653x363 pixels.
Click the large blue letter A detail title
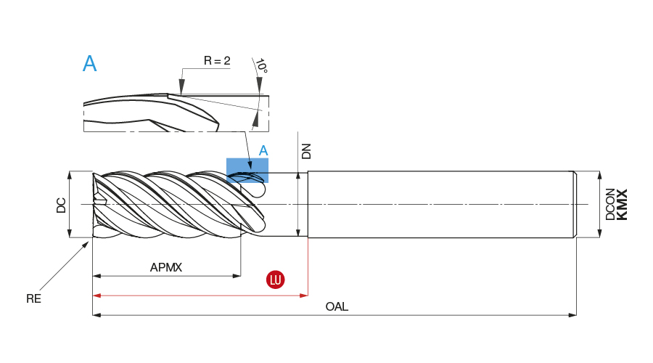pyautogui.click(x=89, y=64)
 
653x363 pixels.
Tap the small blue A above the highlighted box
pyautogui.click(x=264, y=150)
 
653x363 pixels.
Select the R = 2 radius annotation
pyautogui.click(x=216, y=61)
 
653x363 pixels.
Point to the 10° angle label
pyautogui.click(x=262, y=67)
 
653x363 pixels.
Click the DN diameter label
pyautogui.click(x=306, y=150)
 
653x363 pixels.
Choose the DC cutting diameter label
pyautogui.click(x=62, y=205)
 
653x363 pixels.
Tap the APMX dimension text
pyautogui.click(x=166, y=267)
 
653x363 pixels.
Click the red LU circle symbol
pyautogui.click(x=276, y=280)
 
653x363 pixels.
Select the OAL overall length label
pyautogui.click(x=337, y=306)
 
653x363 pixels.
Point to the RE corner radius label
pyautogui.click(x=33, y=298)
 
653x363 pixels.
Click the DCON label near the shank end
pyautogui.click(x=610, y=204)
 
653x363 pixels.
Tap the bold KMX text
pyautogui.click(x=622, y=204)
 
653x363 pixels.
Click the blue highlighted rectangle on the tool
pyautogui.click(x=247, y=170)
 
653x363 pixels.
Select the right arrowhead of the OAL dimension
pyautogui.click(x=572, y=315)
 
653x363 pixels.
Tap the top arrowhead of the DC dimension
pyautogui.click(x=70, y=176)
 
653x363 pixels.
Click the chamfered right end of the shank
pyautogui.click(x=575, y=204)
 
